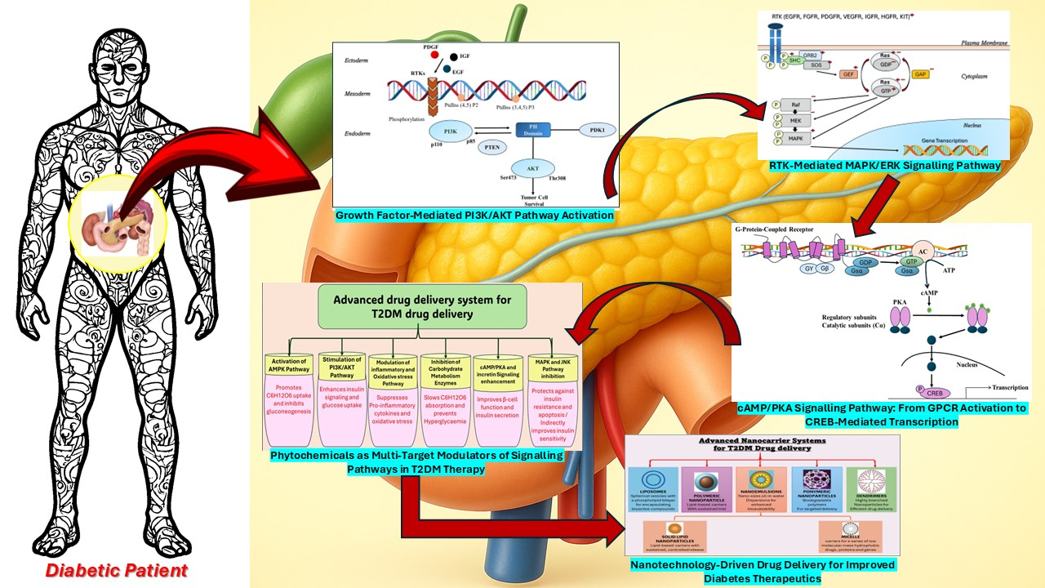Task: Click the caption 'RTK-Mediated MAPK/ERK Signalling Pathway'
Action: point(884,166)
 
